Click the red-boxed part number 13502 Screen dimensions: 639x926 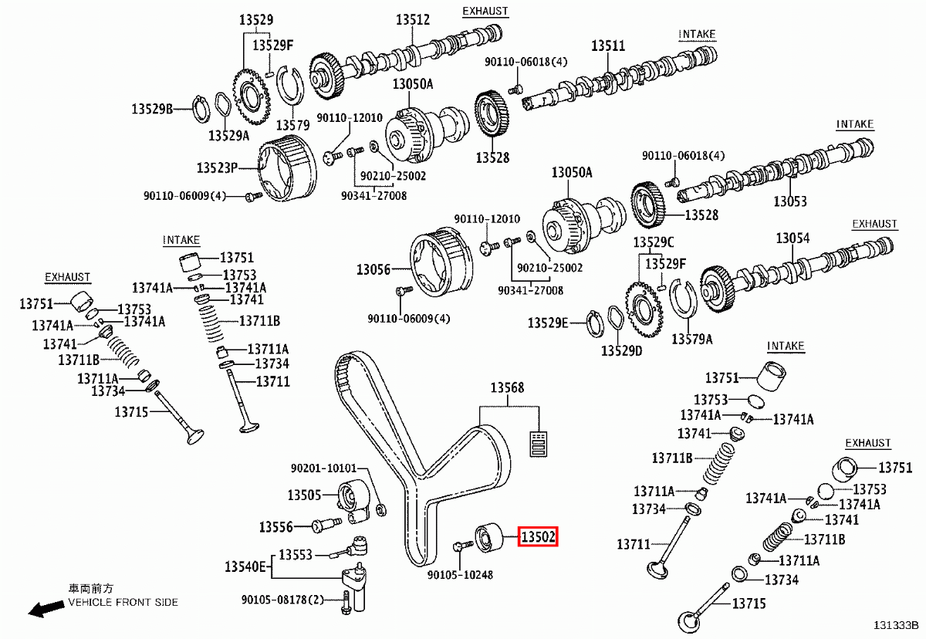point(538,536)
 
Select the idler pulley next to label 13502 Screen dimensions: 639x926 point(488,538)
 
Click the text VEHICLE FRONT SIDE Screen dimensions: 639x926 point(123,602)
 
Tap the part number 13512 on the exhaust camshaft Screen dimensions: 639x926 point(413,19)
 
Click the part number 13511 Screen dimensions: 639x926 point(608,46)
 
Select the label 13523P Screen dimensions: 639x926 point(217,167)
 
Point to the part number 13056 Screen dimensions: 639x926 point(373,270)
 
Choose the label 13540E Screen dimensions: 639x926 point(245,567)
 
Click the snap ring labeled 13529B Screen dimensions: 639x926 point(200,109)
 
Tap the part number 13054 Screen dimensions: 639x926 point(793,238)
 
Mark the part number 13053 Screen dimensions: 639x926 point(790,201)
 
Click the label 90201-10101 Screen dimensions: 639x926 point(323,468)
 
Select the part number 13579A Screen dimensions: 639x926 point(691,338)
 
